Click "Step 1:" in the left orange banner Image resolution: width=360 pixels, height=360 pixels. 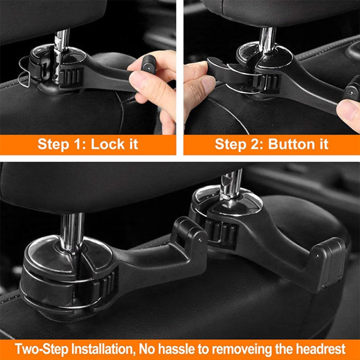[62, 144]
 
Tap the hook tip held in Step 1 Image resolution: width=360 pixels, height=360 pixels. [147, 66]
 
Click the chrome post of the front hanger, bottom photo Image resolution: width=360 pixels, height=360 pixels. [72, 229]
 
